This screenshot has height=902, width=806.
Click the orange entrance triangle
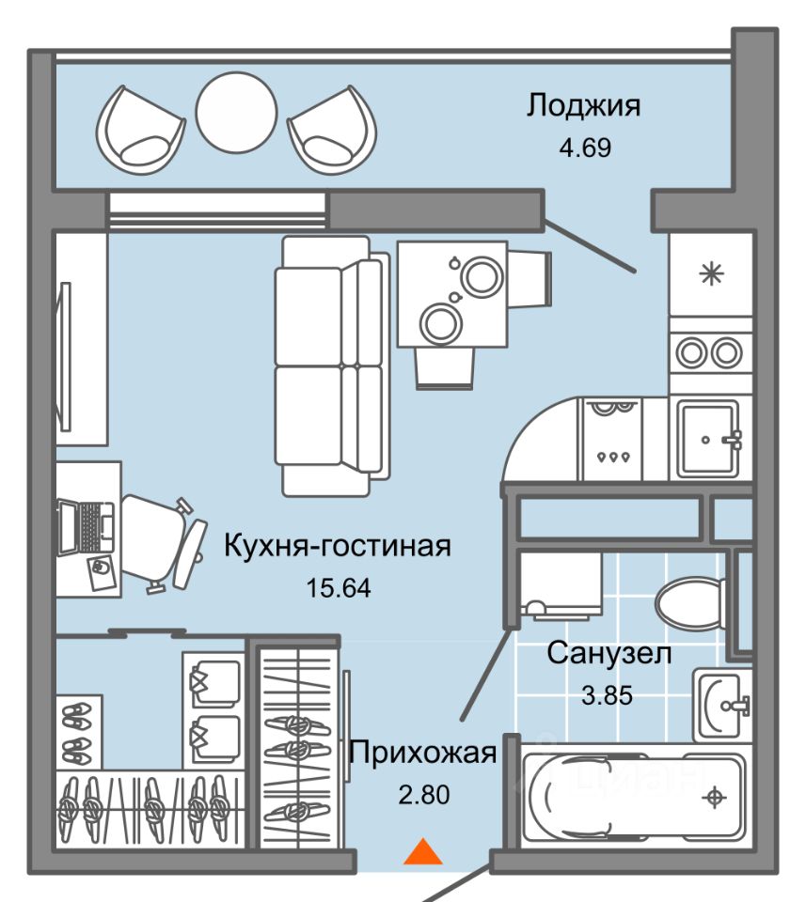point(423,852)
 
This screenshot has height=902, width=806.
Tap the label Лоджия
point(583,106)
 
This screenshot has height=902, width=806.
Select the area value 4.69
point(585,148)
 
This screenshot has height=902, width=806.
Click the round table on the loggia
point(237,113)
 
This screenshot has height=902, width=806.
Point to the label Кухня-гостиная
point(338,545)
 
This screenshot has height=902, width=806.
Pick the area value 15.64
point(339,588)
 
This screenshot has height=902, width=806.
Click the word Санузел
point(609,654)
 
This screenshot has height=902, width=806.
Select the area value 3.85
point(607,695)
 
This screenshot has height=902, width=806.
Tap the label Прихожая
point(422,753)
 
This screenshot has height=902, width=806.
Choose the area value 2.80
point(424,795)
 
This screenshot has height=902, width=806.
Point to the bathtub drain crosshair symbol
point(714,798)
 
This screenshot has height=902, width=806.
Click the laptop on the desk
point(87,527)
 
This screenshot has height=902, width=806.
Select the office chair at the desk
point(164,544)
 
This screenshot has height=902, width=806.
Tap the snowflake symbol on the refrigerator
point(712,273)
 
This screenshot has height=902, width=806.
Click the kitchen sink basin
point(707,439)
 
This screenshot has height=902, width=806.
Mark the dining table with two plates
point(452,294)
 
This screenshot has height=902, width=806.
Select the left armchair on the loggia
point(140,130)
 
